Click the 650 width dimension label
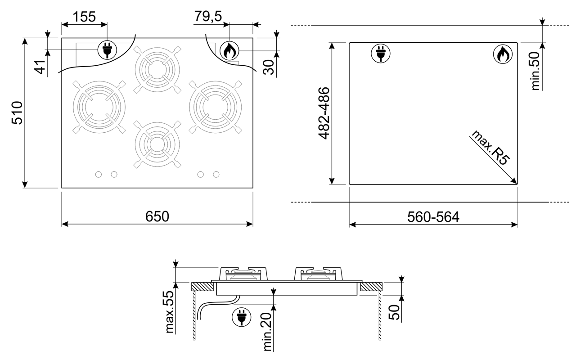tap(157, 216)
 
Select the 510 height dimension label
tap(17, 112)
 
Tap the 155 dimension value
tap(84, 17)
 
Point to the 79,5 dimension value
tap(208, 17)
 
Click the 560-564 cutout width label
tap(433, 217)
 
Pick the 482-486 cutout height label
tap(324, 113)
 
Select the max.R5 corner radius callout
tap(490, 148)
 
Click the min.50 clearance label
tap(535, 71)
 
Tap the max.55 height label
tap(170, 312)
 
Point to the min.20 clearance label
tap(268, 332)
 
